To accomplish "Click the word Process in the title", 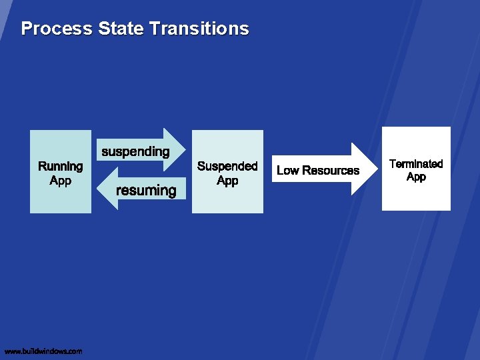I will point(57,29).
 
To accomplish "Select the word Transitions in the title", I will point(199,29).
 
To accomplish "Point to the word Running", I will point(61,166).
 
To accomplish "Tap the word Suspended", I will point(227,166).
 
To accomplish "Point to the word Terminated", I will point(416,164).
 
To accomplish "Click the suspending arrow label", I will point(135,151).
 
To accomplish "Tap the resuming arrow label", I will point(146,191).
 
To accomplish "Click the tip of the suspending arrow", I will point(187,149).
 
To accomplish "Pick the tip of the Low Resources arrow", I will point(376,169).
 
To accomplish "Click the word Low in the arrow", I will point(287,171).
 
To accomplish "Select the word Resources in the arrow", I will point(331,171).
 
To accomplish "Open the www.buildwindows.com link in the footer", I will point(43,351).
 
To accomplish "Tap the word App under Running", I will point(60,181).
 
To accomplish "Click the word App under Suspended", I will point(227,181).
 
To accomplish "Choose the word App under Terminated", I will point(416,177).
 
